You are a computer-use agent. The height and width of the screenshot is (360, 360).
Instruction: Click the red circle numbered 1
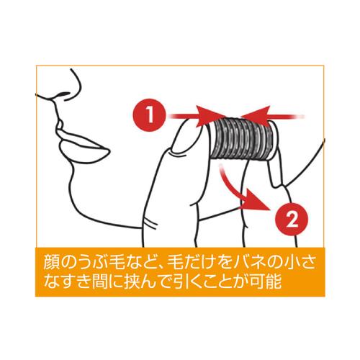(150, 115)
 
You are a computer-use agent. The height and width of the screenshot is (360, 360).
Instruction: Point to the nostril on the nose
(63, 94)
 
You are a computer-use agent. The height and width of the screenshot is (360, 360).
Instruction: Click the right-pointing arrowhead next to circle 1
(211, 117)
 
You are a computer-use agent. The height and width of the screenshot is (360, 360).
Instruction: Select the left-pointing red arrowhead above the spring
(256, 116)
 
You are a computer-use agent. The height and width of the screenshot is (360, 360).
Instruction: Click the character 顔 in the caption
(52, 262)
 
